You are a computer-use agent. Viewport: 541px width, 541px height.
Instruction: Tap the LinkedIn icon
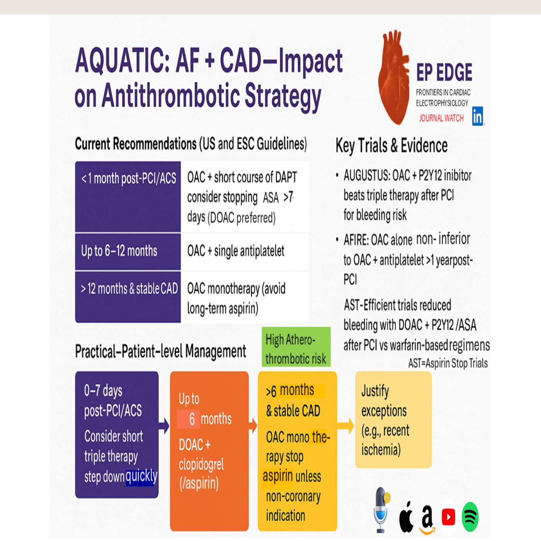(478, 116)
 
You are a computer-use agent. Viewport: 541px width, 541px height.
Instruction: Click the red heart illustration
(393, 77)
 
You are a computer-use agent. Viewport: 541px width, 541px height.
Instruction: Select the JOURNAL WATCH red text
(441, 118)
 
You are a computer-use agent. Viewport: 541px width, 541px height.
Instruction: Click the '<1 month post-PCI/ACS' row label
(128, 179)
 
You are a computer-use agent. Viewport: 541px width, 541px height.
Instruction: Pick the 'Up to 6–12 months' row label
(119, 251)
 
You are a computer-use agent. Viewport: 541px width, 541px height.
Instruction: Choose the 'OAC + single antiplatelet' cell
(236, 251)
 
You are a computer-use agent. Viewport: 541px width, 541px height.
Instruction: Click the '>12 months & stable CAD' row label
(129, 289)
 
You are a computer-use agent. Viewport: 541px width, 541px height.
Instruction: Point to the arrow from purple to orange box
(164, 426)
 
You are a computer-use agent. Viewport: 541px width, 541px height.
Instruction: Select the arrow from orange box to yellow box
(253, 426)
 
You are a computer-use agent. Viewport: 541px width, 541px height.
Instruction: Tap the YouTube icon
(448, 517)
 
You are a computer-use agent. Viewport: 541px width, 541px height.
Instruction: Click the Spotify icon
(470, 517)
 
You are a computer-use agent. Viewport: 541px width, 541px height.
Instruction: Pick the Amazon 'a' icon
(427, 518)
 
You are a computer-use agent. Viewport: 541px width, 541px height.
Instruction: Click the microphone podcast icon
(381, 509)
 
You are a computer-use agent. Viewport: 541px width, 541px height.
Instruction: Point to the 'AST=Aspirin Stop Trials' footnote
(448, 364)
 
